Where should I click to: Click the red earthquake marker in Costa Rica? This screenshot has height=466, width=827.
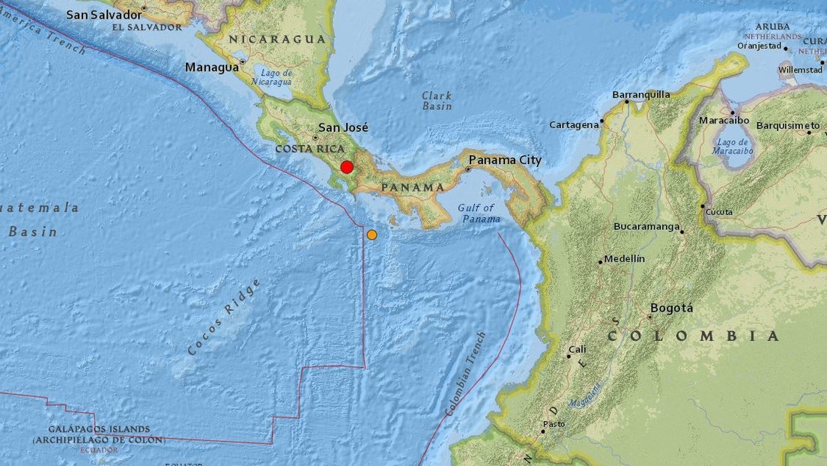(x=347, y=167)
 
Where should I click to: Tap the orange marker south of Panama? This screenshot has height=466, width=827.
(x=372, y=234)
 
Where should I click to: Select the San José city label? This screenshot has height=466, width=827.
(x=343, y=128)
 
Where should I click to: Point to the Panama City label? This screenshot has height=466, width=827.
(x=504, y=160)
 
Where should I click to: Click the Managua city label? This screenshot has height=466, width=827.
(x=211, y=67)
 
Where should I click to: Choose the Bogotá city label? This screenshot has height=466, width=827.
(x=672, y=308)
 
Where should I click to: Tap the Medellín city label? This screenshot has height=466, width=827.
(x=624, y=258)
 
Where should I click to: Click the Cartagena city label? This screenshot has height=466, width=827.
(x=574, y=124)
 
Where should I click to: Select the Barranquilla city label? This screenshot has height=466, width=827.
(x=640, y=94)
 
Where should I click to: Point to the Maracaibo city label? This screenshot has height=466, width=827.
(x=724, y=120)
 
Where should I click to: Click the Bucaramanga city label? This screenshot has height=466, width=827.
(x=646, y=226)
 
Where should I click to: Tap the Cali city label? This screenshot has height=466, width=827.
(x=578, y=349)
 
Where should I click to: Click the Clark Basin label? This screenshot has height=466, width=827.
(x=437, y=100)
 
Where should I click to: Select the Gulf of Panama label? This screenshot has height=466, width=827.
(x=477, y=213)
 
